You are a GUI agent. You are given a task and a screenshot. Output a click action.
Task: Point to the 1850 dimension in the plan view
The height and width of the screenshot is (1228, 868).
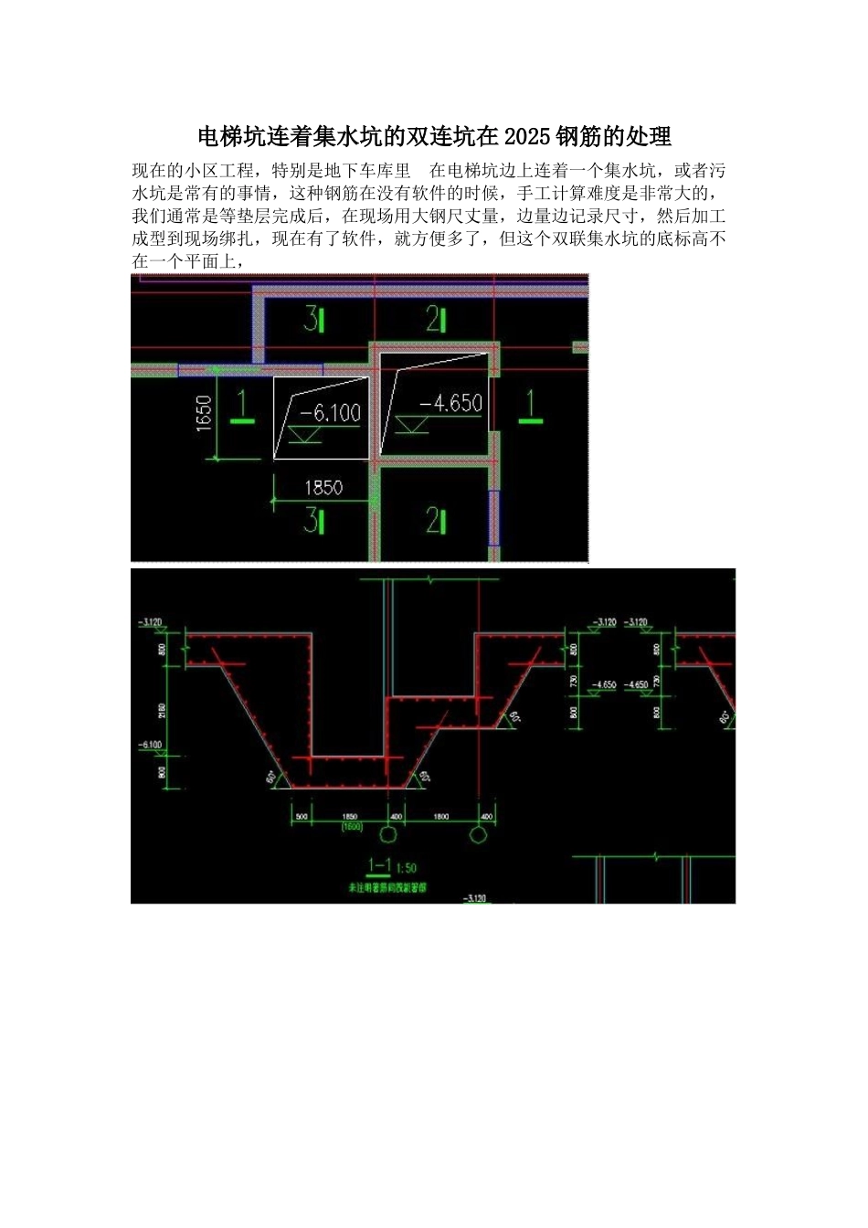323,486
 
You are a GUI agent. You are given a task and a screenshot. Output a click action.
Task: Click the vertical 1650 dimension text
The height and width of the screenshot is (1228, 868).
204,412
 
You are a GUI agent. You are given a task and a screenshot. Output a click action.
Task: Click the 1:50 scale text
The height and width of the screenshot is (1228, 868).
407,867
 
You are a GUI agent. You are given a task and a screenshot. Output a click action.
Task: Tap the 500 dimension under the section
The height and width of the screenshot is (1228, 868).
302,816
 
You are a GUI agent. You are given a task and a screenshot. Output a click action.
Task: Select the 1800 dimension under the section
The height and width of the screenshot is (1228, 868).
440,816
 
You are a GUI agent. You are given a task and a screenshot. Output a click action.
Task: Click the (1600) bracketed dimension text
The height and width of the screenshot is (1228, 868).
352,827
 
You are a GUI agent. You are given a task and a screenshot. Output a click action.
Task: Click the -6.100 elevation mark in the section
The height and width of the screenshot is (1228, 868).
150,746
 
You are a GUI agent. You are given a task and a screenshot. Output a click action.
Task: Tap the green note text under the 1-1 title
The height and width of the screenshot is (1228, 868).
388,887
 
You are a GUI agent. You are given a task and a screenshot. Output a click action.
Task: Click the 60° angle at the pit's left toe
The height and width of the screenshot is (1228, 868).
272,778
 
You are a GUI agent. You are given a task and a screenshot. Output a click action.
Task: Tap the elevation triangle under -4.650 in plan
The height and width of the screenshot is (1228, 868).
412,425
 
